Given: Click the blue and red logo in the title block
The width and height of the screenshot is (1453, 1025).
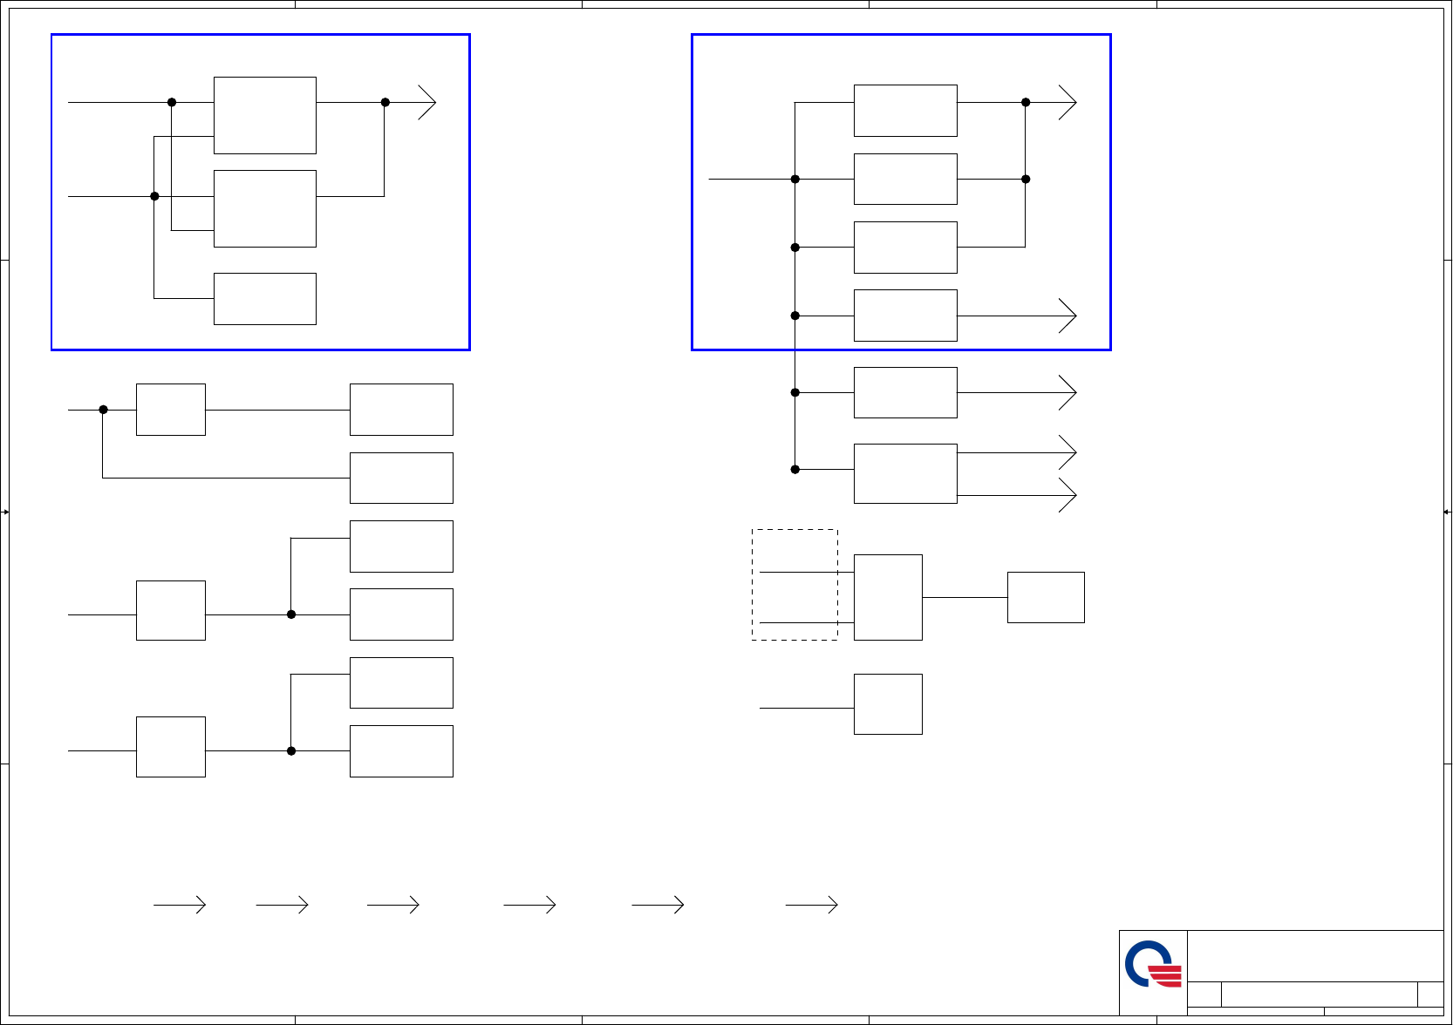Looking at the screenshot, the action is point(1153,964).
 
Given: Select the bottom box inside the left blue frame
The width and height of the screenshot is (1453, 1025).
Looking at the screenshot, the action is point(265,299).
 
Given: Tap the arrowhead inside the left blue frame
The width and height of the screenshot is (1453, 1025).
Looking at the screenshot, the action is point(427,102).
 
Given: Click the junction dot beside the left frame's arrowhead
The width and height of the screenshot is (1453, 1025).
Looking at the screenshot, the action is point(385,102).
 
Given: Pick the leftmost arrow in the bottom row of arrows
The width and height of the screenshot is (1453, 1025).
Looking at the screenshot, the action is point(181,905).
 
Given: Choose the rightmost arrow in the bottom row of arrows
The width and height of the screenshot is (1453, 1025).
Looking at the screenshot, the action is point(812,905).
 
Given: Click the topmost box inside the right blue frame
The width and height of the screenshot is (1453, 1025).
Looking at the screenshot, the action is point(905,111).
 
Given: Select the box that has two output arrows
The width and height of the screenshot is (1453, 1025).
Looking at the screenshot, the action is point(905,473).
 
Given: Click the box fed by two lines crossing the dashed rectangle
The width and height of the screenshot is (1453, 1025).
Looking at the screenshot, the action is point(888,597).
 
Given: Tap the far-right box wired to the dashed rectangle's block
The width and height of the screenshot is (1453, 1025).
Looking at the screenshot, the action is point(1046,597).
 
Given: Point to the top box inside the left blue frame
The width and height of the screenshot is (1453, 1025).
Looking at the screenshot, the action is point(265,115).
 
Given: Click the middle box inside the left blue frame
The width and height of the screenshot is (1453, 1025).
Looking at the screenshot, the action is point(265,208).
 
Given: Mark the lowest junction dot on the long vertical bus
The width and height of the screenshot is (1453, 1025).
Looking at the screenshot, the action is point(795,470).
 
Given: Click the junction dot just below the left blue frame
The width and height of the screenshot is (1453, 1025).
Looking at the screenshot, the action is point(103,410).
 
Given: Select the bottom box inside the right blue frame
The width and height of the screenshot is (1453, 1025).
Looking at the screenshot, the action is point(905,316).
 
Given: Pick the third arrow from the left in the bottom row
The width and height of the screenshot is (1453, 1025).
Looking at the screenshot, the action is point(393,905).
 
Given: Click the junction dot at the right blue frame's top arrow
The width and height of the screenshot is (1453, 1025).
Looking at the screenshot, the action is point(1026,102).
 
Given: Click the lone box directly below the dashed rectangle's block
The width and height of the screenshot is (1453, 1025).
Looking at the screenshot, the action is point(888,704).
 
